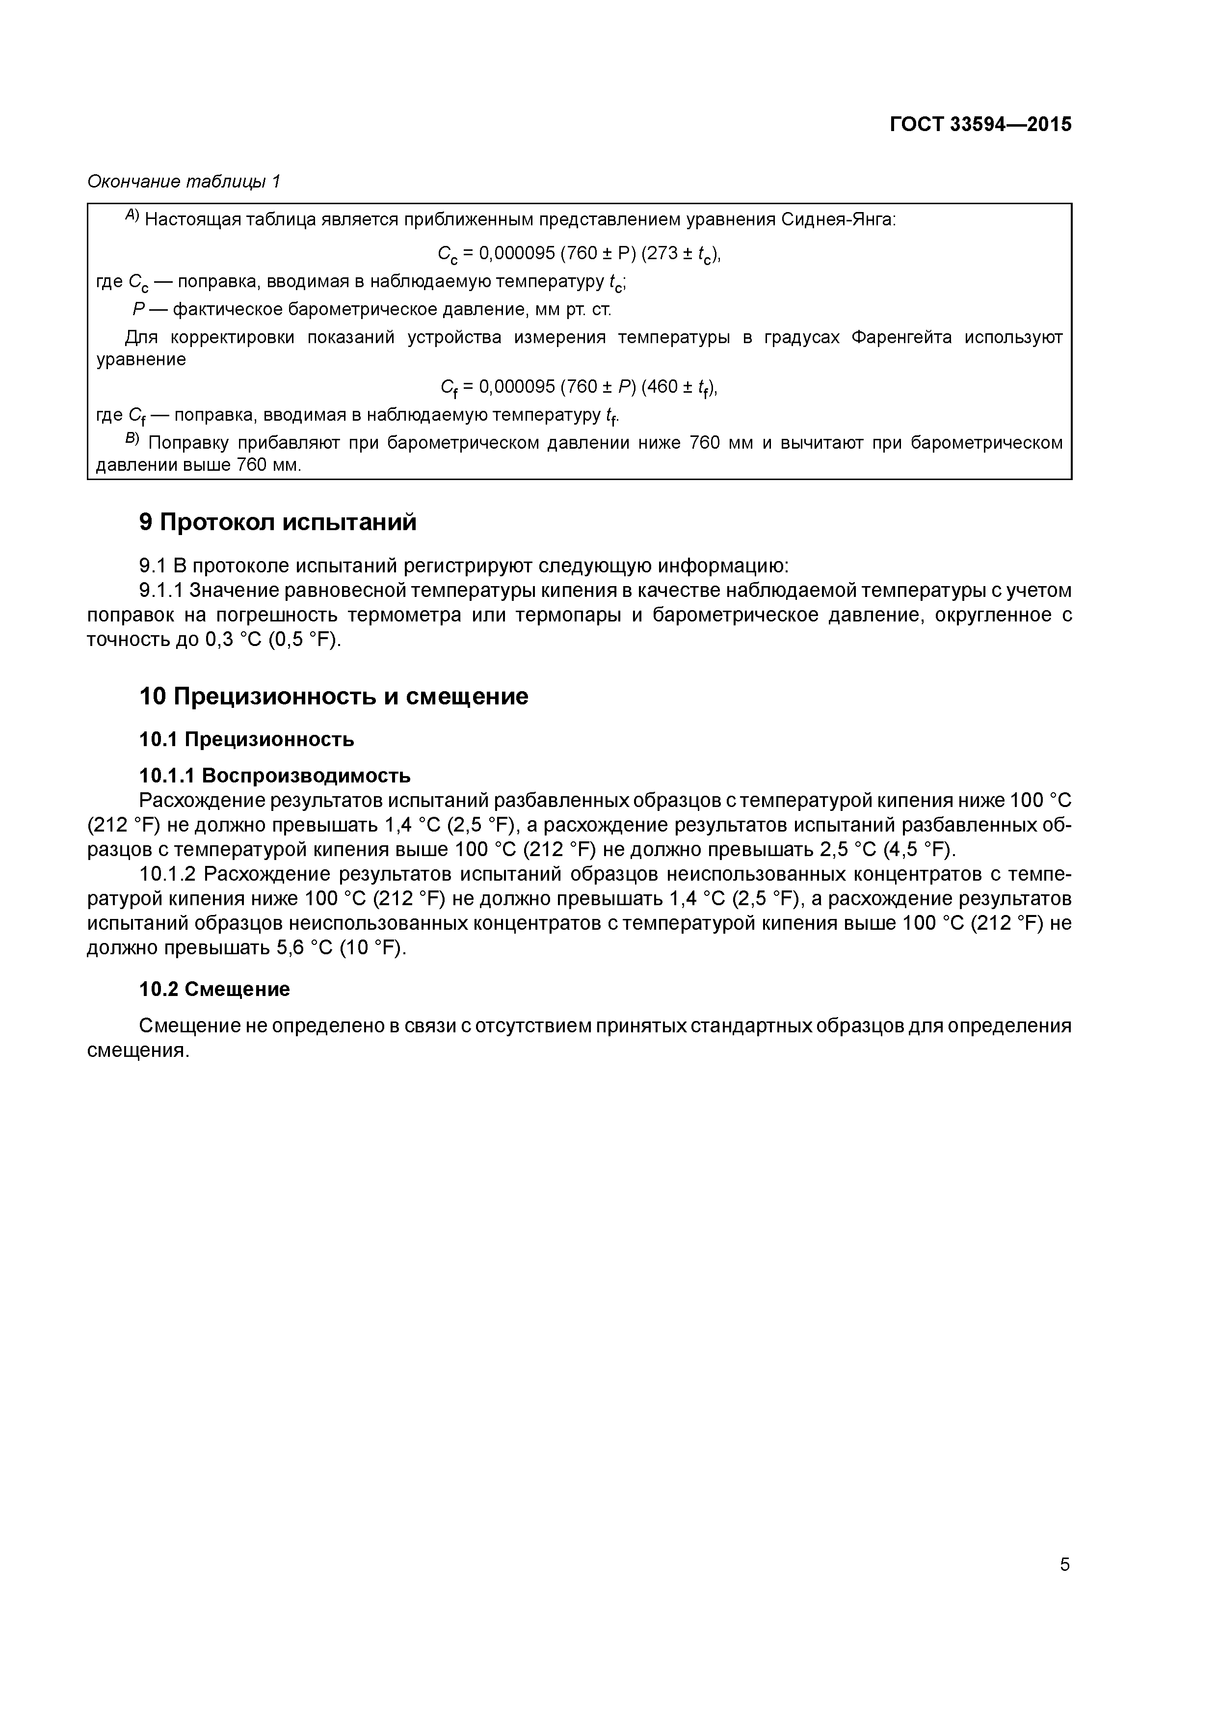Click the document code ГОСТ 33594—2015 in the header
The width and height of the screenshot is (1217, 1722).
[x=980, y=124]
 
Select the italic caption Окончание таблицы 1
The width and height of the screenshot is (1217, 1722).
[x=184, y=182]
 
